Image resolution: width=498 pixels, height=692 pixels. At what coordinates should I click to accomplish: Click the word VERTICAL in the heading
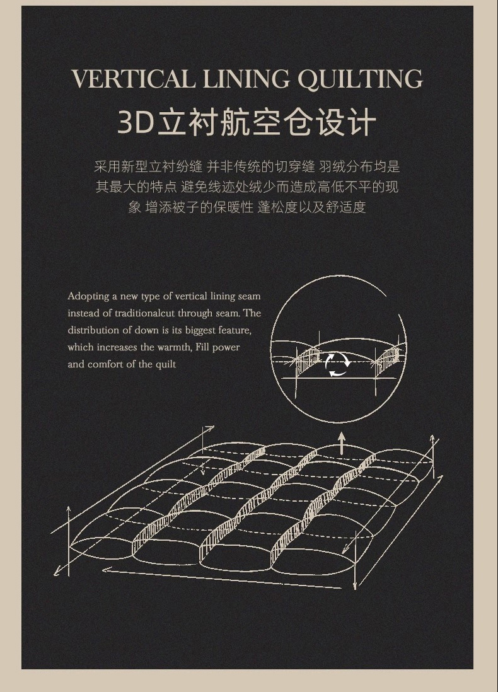[x=133, y=79]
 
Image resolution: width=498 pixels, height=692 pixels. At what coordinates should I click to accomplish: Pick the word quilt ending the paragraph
[x=166, y=365]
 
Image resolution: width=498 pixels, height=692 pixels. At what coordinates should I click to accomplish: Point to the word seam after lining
[x=250, y=297]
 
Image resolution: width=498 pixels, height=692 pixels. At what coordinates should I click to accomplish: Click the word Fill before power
[x=202, y=347]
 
